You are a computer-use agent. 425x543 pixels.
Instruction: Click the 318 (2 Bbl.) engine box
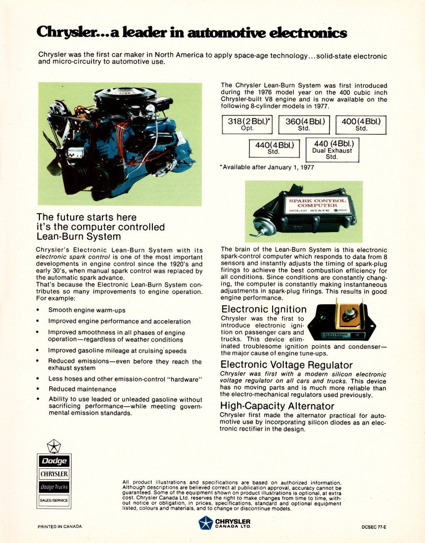247,124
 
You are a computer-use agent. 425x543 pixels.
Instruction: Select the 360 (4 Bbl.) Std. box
304,124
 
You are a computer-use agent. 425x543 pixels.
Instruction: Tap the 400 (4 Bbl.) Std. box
361,124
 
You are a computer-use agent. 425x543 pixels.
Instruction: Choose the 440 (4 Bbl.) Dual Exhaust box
332,150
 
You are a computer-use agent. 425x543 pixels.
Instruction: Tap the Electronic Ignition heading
264,309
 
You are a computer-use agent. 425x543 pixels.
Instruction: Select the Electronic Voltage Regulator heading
286,365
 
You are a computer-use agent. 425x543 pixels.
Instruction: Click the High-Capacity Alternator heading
277,406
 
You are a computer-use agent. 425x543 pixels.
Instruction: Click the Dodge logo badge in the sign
54,461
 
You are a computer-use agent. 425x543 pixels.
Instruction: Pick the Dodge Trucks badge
54,487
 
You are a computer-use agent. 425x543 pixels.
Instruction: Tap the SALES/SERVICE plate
54,500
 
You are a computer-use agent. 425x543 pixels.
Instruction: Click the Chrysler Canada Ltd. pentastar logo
206,523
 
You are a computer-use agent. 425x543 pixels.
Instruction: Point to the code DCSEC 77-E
374,527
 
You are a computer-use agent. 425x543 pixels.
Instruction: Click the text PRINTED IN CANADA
60,527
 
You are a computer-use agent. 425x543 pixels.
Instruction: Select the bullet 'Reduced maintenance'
82,389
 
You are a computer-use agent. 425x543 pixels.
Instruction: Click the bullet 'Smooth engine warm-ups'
87,310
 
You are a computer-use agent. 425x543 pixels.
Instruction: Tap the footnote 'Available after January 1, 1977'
268,167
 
